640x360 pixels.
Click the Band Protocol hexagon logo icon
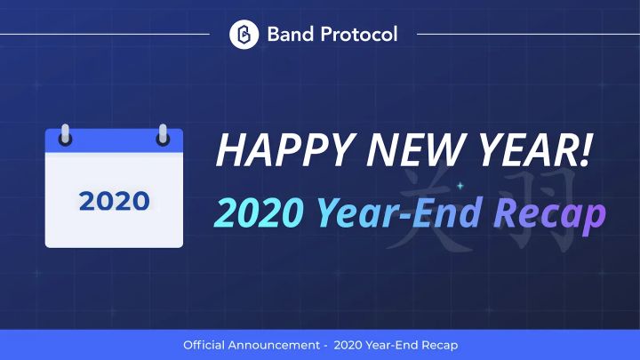(x=243, y=35)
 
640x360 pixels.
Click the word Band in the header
(x=287, y=35)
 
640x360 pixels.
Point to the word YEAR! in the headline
(x=525, y=152)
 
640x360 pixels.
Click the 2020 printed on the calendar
(x=114, y=201)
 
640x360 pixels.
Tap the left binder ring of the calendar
(x=65, y=135)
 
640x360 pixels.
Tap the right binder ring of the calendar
(x=163, y=135)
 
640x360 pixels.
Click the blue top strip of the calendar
(x=114, y=140)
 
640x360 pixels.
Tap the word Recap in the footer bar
(x=438, y=344)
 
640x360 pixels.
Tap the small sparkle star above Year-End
(x=460, y=186)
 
